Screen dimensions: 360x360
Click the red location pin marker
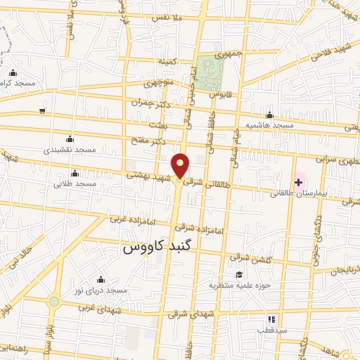click(x=181, y=166)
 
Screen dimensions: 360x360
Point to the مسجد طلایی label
click(x=75, y=184)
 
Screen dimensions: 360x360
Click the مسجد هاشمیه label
click(x=269, y=124)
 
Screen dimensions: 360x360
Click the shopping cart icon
click(x=43, y=110)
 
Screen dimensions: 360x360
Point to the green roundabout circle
click(x=54, y=302)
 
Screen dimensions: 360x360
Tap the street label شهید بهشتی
click(x=149, y=176)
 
